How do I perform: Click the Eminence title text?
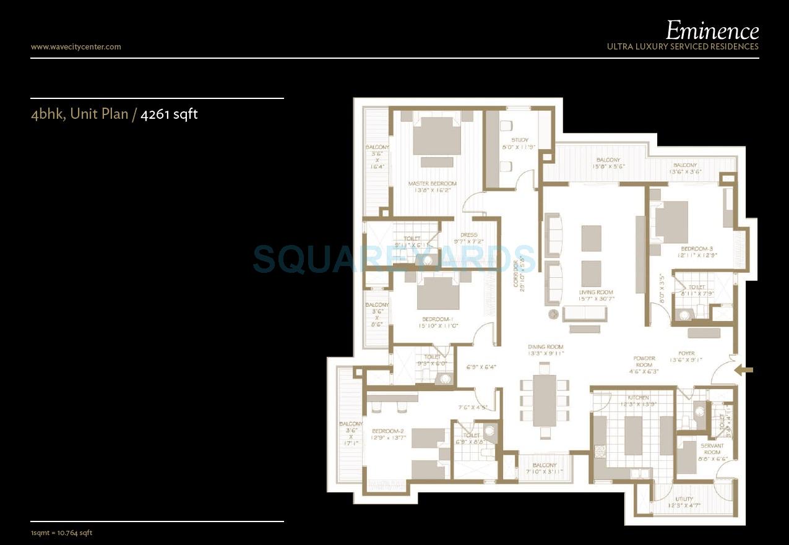(x=712, y=30)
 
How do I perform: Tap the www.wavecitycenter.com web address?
(x=75, y=46)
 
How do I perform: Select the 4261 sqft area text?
(x=169, y=114)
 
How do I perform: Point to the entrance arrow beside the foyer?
(x=744, y=371)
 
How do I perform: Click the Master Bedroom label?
(x=432, y=184)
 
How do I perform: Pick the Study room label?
(x=520, y=140)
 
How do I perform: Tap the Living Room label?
(x=596, y=292)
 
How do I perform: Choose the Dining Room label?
(x=545, y=347)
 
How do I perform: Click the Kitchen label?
(x=638, y=397)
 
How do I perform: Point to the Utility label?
(x=684, y=499)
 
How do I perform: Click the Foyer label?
(x=686, y=354)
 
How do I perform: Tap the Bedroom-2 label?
(x=388, y=431)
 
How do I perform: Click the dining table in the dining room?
(x=545, y=400)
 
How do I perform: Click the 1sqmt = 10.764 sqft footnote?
(x=61, y=533)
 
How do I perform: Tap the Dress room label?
(x=468, y=235)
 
